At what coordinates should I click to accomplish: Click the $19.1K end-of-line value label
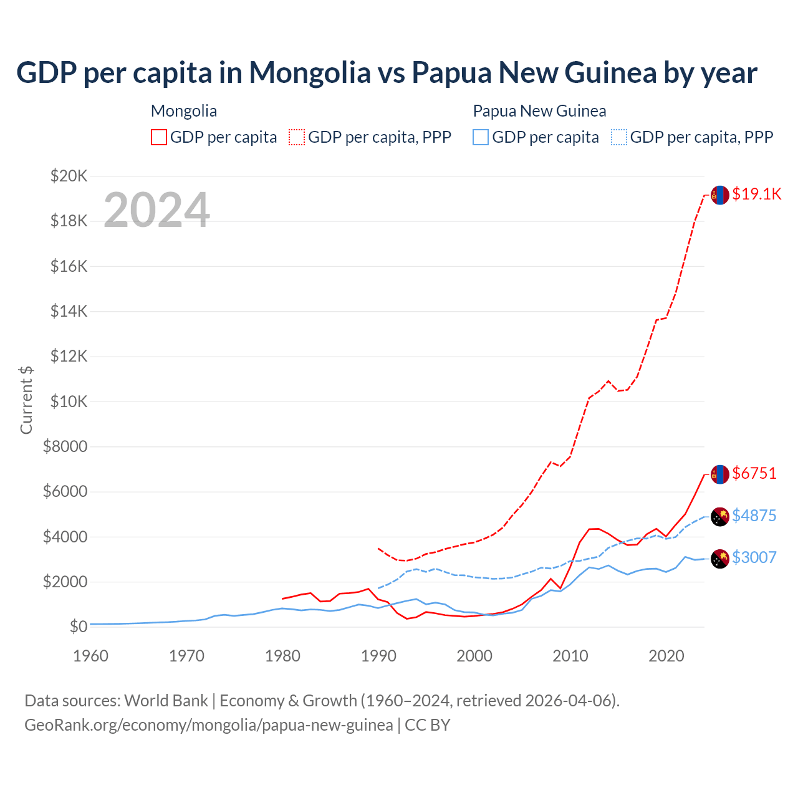pos(756,194)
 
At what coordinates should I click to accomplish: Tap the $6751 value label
pos(754,473)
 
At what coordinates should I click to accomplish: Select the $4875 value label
pos(754,516)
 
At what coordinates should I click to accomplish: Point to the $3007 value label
pos(754,557)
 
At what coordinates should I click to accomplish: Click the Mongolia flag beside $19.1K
pos(720,195)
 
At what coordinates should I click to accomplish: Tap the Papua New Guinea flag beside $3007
pos(720,559)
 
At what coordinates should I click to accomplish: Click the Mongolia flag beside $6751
pos(720,474)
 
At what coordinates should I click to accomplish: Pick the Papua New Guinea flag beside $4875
pos(720,517)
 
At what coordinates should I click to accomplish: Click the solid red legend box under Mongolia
pos(159,137)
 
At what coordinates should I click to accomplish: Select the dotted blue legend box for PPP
pos(619,137)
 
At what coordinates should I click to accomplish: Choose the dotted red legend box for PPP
pos(297,137)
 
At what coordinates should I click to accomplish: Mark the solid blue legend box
pos(481,137)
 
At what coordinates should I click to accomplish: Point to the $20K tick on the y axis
pos(69,176)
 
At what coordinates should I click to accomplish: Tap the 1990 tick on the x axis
pos(378,656)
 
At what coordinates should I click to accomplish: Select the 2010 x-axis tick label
pos(570,656)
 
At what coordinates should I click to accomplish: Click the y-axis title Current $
pos(26,400)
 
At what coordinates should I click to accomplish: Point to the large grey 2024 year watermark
pos(156,210)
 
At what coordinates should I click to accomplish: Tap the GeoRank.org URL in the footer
pos(209,725)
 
